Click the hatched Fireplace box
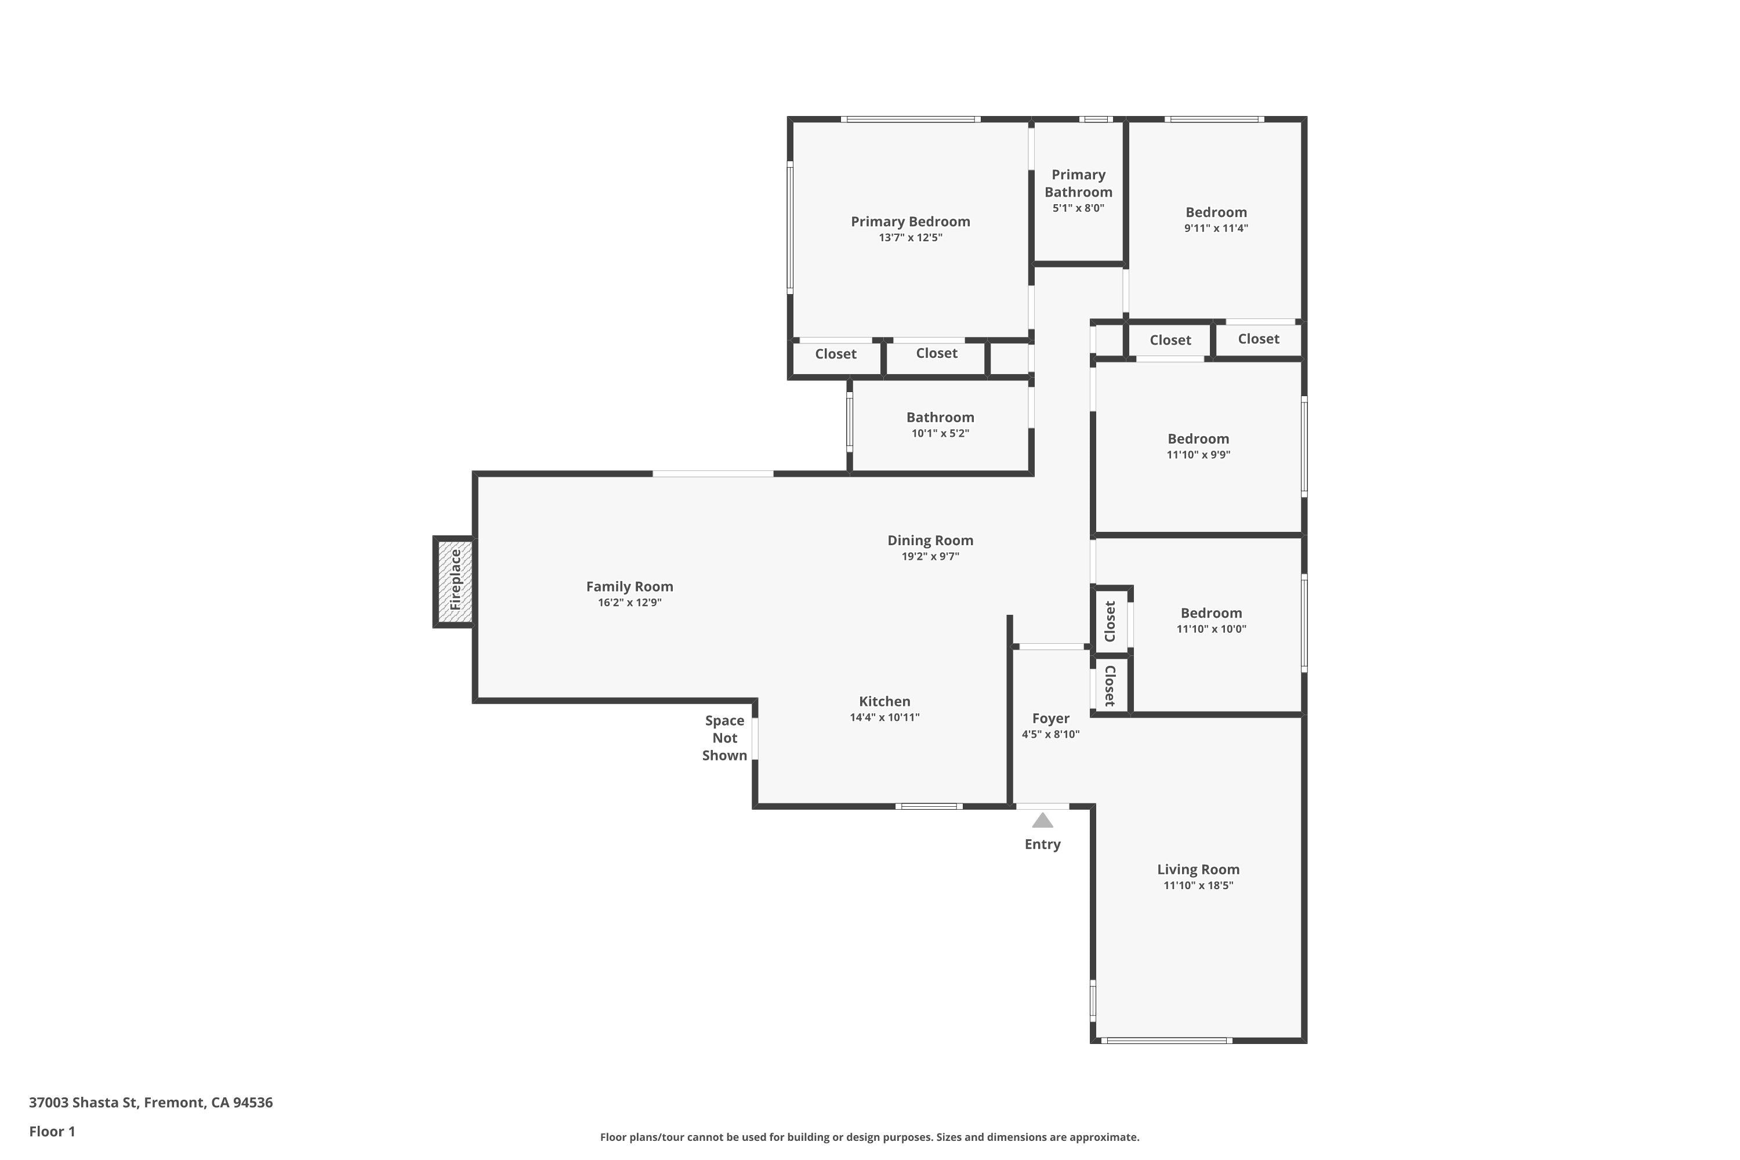[454, 582]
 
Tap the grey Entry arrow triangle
[1042, 821]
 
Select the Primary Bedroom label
[910, 221]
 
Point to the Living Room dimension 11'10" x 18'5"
[1198, 886]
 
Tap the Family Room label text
[629, 586]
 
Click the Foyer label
[1050, 719]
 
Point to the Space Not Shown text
[724, 738]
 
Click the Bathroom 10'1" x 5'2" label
[940, 417]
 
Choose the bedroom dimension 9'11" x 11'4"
[1216, 229]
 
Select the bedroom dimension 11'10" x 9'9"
[1198, 455]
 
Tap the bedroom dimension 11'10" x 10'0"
[1211, 629]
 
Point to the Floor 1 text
[52, 1131]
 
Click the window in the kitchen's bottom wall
[929, 806]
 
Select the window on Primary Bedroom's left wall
[790, 227]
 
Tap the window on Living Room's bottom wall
[1166, 1041]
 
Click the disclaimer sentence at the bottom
[869, 1137]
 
